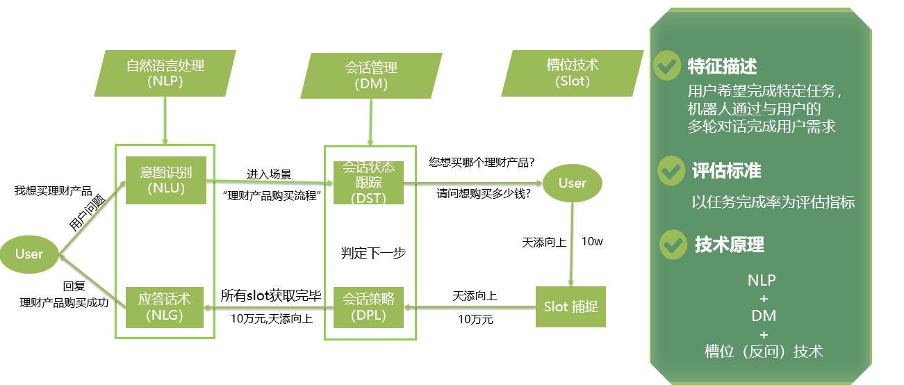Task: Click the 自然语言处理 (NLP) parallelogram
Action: (x=165, y=73)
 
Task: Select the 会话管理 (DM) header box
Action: (x=371, y=74)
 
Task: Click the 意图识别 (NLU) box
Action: (x=166, y=180)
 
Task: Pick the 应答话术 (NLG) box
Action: (x=165, y=307)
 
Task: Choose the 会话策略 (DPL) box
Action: (x=368, y=307)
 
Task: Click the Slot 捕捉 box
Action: (x=571, y=306)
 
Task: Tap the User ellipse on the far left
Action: (x=29, y=254)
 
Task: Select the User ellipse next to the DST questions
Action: (x=573, y=183)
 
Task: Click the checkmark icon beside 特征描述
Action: (x=668, y=65)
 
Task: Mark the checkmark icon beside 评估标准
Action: (x=671, y=170)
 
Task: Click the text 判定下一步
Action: (x=374, y=253)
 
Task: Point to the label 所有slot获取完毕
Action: (x=270, y=296)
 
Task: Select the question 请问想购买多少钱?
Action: (x=484, y=193)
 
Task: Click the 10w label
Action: (x=593, y=242)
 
